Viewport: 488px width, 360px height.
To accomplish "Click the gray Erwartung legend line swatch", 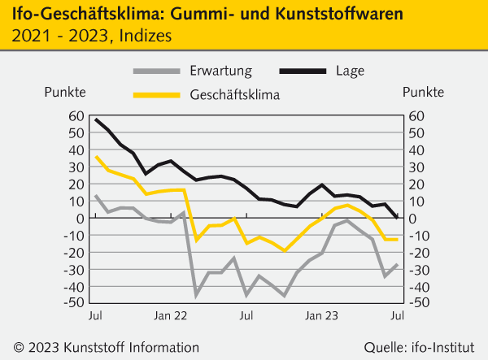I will pos(155,71).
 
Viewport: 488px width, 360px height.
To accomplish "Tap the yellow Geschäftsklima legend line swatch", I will pos(155,95).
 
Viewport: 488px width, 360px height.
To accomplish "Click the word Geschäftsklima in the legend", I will pos(234,95).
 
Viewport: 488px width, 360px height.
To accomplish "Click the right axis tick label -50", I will pos(416,302).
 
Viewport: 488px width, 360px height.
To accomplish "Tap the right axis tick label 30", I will pos(416,167).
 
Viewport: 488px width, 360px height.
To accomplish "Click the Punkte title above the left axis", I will pos(65,91).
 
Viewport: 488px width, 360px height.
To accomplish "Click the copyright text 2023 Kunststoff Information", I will pos(106,346).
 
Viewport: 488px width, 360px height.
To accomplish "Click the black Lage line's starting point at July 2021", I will pos(96,119).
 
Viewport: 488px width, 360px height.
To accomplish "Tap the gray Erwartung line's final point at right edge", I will pos(397,264).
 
